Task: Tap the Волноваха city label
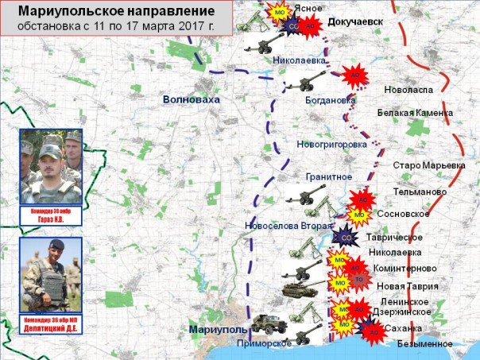[x=189, y=99]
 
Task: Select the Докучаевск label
[x=354, y=21]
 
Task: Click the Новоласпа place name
[x=408, y=90]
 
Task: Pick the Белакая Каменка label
[x=415, y=113]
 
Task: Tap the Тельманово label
[x=420, y=192]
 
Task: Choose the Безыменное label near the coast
[x=426, y=344]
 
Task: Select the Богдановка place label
[x=330, y=101]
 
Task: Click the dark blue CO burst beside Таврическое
[x=345, y=236]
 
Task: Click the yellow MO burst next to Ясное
[x=280, y=13]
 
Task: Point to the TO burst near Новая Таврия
[x=358, y=281]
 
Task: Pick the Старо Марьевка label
[x=429, y=165]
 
